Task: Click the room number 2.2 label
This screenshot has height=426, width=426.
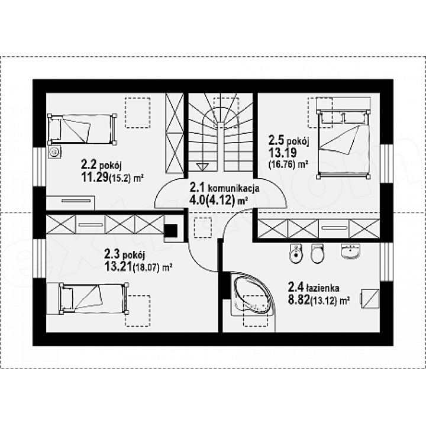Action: point(89,164)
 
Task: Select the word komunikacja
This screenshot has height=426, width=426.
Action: point(233,188)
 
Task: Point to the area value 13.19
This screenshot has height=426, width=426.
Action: point(283,153)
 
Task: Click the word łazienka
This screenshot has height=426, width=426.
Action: point(322,288)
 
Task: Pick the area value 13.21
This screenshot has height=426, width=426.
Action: point(118,267)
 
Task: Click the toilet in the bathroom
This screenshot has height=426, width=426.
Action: point(317,253)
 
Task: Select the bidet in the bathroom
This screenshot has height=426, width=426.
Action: point(296,254)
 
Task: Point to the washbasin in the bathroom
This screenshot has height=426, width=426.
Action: point(350,251)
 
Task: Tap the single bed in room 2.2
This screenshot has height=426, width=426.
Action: point(82,129)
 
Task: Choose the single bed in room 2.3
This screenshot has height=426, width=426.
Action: point(87,298)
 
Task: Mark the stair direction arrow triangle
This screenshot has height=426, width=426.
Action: point(202,166)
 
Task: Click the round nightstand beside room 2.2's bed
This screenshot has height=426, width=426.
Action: point(55,151)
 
